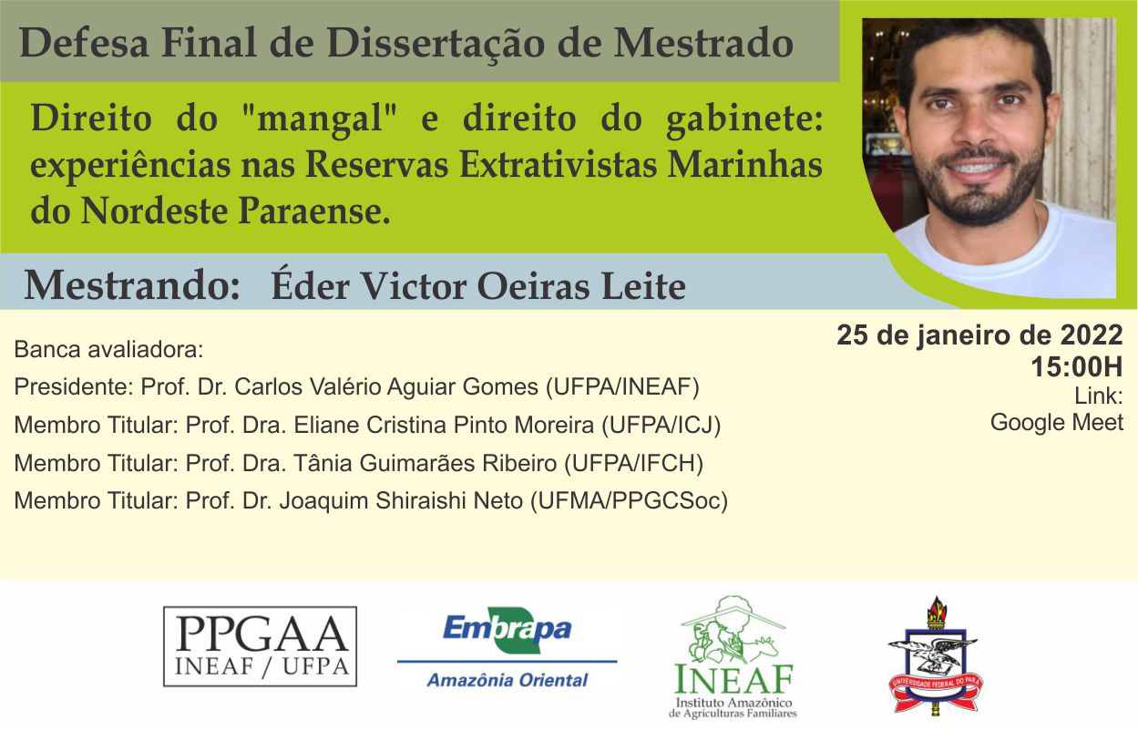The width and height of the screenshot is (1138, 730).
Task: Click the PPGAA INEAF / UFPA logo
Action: point(260,646)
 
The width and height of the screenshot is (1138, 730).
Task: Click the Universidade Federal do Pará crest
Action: point(935,656)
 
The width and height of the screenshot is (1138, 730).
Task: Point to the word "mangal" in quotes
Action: point(321,118)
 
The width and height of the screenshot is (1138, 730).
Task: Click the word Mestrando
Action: point(131,286)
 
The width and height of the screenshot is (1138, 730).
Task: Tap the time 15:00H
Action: point(1077,366)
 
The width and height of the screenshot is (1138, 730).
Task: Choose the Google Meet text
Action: point(1057,422)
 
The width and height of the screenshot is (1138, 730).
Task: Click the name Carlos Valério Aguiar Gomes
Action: point(386,387)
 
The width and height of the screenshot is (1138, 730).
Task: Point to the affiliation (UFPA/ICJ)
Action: point(661,425)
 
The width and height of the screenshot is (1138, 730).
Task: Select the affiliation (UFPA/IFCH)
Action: point(634,463)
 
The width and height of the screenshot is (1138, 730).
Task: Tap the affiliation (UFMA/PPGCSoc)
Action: point(630,500)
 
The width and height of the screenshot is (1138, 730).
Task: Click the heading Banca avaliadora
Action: point(108,349)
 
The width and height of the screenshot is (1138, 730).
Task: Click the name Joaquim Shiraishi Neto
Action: point(401,500)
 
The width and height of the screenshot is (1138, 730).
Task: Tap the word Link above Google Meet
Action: point(1099,396)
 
